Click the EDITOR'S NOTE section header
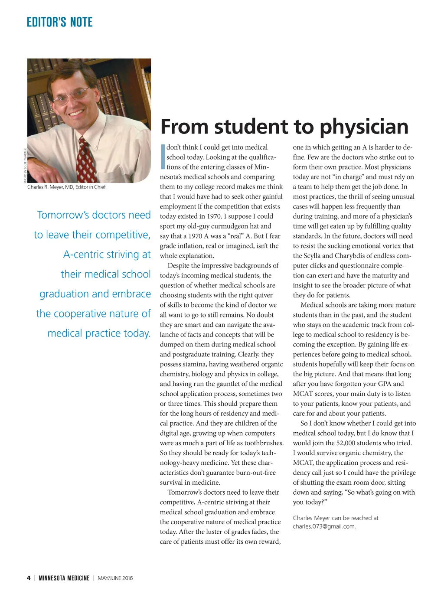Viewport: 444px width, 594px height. click(x=59, y=22)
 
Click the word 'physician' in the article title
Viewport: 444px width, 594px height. click(x=364, y=127)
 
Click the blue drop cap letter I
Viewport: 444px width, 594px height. click(x=163, y=157)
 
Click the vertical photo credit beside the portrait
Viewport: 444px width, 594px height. click(x=26, y=165)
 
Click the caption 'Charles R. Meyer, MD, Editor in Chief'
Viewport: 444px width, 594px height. click(x=66, y=187)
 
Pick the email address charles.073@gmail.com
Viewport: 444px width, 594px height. click(x=324, y=526)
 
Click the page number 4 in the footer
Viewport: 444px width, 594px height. click(x=29, y=578)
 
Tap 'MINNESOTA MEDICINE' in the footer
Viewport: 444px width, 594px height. click(x=64, y=578)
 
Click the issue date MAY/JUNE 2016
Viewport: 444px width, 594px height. click(x=115, y=578)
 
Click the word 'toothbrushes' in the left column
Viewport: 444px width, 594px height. click(x=263, y=443)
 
